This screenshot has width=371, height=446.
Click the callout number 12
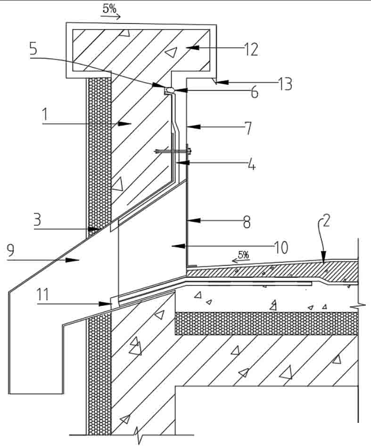[x=251, y=50]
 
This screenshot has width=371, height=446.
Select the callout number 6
[x=254, y=92]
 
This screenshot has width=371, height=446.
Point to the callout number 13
[x=284, y=84]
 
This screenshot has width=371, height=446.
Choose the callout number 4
[x=252, y=165]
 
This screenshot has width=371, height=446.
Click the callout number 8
[x=247, y=222]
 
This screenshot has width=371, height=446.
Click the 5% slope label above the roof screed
[x=244, y=255]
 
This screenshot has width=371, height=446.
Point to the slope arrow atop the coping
[x=111, y=17]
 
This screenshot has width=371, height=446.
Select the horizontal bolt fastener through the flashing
[x=173, y=151]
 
